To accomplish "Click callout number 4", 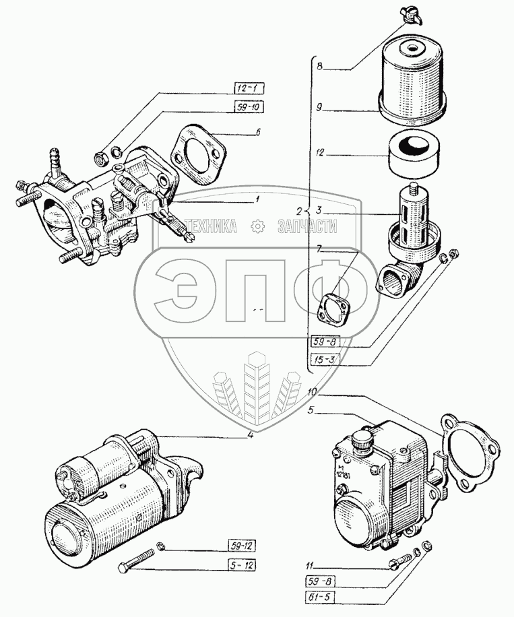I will [250, 434].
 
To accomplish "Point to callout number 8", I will [321, 67].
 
